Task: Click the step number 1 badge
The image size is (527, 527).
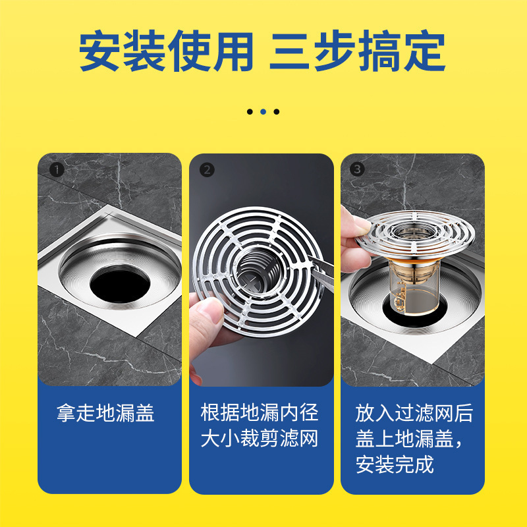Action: point(57,170)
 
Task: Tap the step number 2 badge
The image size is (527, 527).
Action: point(207,170)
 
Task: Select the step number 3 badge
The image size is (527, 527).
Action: point(357,169)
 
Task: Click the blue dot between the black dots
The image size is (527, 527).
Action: point(263,111)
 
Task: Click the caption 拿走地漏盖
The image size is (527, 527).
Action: point(105,413)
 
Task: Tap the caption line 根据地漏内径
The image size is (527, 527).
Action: point(260,412)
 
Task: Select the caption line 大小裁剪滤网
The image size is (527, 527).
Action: point(260,438)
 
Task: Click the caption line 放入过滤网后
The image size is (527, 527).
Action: point(414,413)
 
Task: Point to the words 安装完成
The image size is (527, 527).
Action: point(395,464)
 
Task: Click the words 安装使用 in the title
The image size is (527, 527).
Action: point(166,51)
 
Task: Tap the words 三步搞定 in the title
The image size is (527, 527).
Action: point(358,51)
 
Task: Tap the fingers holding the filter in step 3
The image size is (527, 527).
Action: point(354,240)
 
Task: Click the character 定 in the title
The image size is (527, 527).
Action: point(425,51)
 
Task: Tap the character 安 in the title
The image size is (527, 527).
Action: point(99,51)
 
